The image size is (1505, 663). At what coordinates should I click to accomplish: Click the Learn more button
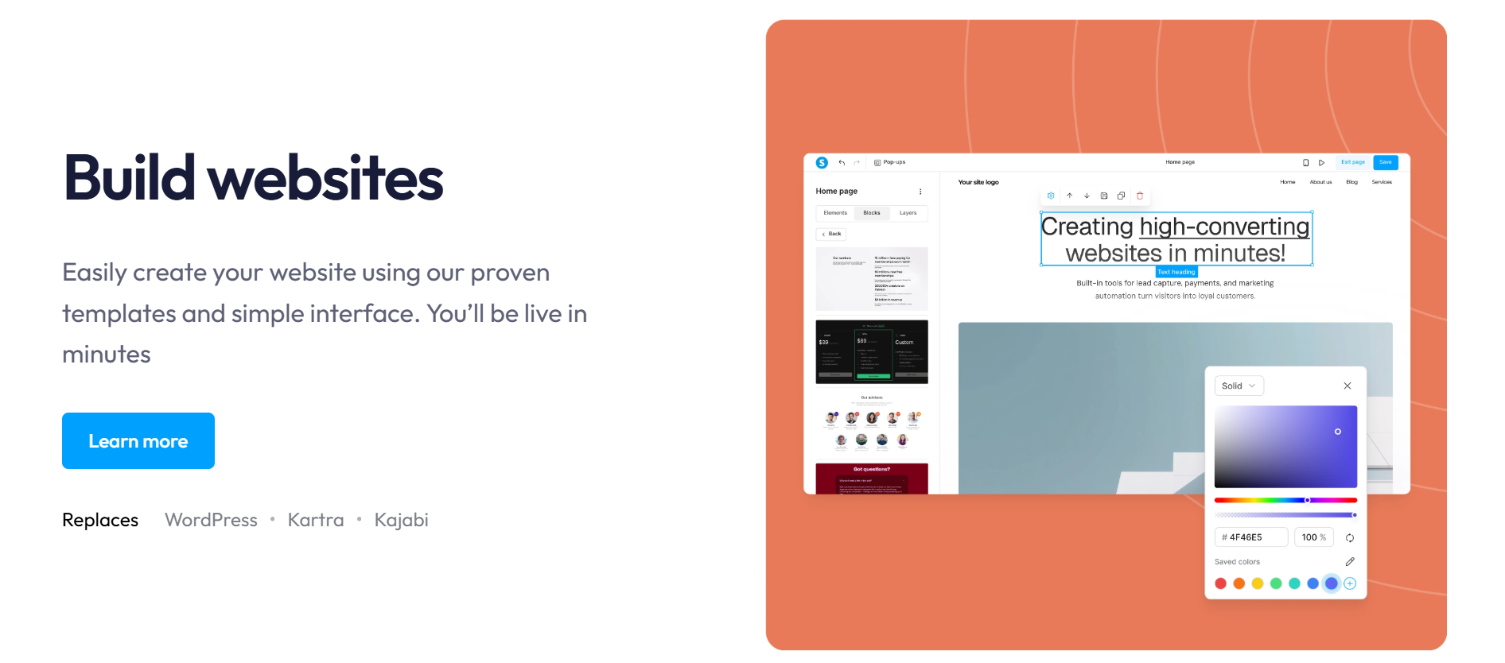[138, 441]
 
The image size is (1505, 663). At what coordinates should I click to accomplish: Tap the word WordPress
[211, 520]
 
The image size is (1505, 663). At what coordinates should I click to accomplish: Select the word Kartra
[316, 520]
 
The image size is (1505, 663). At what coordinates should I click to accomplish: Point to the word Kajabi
[401, 520]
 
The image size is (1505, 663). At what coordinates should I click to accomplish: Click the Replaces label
[100, 520]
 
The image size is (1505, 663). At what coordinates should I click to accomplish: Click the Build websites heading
[253, 177]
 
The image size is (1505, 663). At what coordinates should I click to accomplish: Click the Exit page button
[1352, 162]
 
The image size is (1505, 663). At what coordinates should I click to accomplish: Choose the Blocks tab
[872, 213]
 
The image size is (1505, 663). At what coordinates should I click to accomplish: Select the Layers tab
[908, 213]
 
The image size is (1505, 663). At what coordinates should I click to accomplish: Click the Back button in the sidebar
[831, 234]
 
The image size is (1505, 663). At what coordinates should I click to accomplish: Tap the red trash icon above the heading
[1140, 196]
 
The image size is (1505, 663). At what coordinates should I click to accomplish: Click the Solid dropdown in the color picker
[1239, 386]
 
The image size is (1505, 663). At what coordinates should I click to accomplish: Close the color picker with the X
[1347, 386]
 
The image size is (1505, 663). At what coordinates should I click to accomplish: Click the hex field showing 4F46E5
[1251, 537]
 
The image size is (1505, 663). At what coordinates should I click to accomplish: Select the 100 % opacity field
[1313, 537]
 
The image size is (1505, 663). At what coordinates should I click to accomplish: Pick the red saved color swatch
[1220, 584]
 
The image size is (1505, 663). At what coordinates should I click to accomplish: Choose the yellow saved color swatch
[1258, 584]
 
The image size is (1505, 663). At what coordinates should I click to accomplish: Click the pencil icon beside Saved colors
[1350, 562]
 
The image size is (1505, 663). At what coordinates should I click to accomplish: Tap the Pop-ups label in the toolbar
[890, 162]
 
